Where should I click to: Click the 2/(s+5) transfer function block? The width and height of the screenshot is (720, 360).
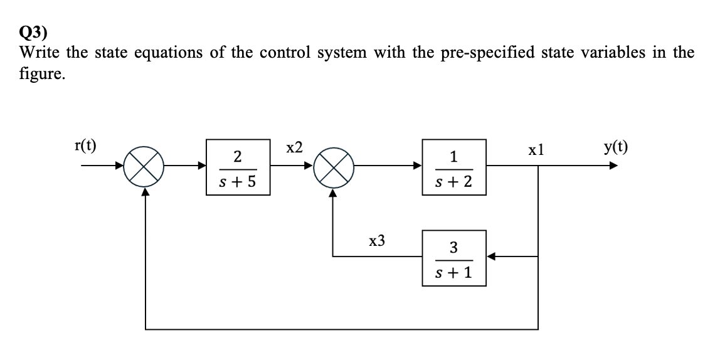point(239,167)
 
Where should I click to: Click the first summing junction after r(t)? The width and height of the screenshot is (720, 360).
point(146,167)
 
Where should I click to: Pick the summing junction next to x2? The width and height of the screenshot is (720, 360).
point(332,167)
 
